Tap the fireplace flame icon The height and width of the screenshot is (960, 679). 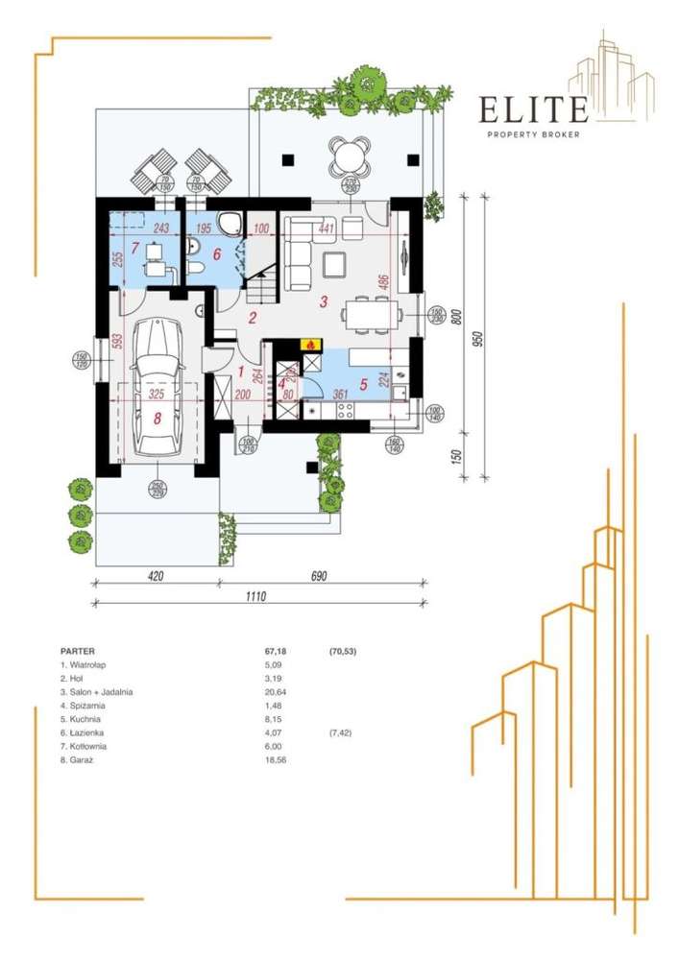[310, 344]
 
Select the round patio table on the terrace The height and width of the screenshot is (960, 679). [349, 154]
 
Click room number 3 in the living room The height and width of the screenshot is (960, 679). [324, 301]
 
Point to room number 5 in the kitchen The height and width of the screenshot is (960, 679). [363, 385]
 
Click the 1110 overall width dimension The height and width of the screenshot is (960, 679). [255, 595]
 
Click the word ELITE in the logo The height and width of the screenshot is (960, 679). [534, 110]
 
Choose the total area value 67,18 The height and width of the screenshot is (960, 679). [262, 650]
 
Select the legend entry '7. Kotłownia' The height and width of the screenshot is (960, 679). [84, 746]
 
